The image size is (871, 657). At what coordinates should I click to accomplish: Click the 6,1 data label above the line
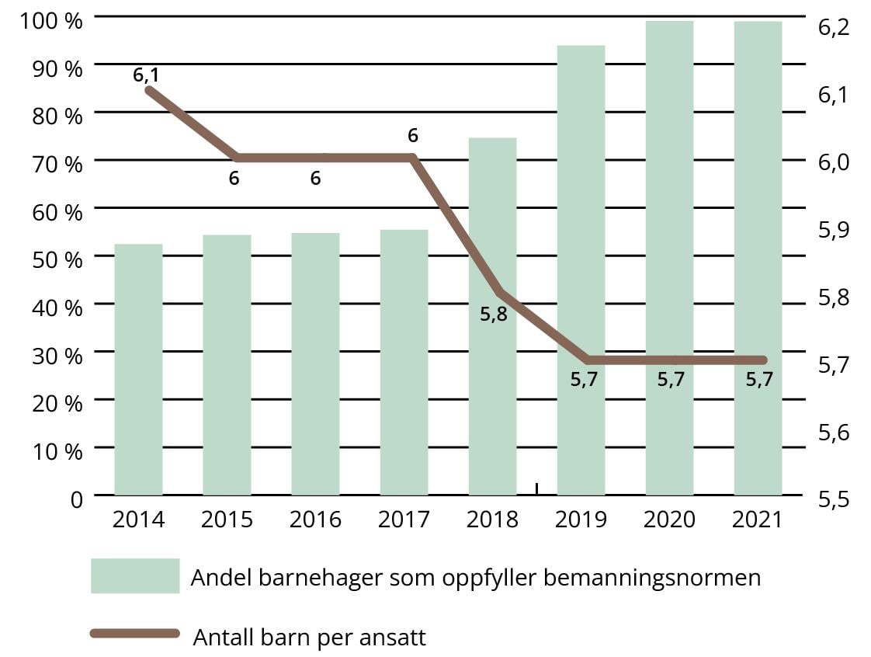click(x=146, y=75)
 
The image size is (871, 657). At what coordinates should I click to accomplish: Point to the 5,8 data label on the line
click(x=494, y=315)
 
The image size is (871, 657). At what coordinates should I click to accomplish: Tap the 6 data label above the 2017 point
click(x=413, y=136)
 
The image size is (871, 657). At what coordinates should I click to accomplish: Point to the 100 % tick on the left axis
click(x=52, y=21)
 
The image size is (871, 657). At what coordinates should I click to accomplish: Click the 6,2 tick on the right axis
click(x=834, y=28)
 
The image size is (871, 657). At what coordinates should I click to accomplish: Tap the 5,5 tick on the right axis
click(x=834, y=499)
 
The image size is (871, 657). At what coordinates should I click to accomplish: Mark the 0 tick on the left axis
click(x=76, y=499)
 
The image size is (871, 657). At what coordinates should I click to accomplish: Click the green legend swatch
click(x=135, y=575)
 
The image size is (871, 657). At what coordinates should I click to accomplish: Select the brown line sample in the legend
click(x=135, y=634)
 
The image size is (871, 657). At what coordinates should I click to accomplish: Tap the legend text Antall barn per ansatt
click(x=309, y=638)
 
